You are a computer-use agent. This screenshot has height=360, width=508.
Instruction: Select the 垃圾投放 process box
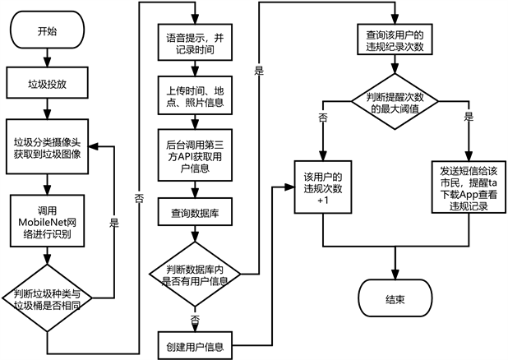[48, 83]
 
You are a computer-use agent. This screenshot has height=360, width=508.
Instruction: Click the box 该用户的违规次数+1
[322, 192]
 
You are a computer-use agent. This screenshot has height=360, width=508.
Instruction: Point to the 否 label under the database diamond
[194, 316]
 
